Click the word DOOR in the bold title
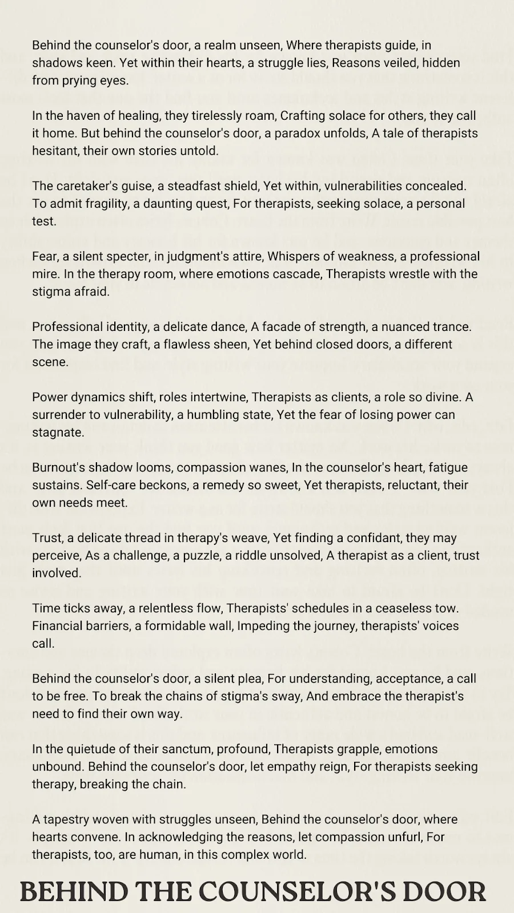click(447, 891)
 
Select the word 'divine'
click(440, 397)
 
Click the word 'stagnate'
click(58, 433)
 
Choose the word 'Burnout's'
click(59, 468)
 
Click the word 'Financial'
click(57, 626)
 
